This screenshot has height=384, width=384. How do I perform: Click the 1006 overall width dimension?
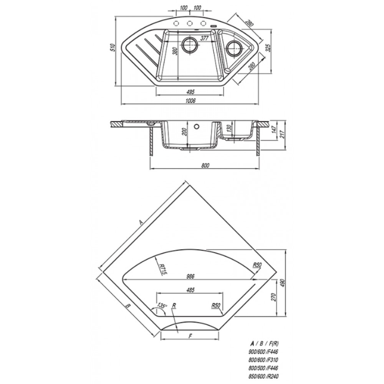[x=190, y=101]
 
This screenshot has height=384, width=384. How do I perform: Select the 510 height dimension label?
[x=113, y=47]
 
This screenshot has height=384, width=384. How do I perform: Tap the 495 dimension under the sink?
[x=190, y=92]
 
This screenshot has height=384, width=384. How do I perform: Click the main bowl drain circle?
[x=190, y=45]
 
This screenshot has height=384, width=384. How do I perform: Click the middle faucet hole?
[x=190, y=23]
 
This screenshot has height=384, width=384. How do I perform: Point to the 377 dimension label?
[x=204, y=38]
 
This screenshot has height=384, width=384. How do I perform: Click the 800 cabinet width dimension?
[x=205, y=166]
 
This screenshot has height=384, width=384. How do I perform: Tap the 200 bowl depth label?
[x=185, y=132]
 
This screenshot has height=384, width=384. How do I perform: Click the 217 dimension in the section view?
[x=283, y=134]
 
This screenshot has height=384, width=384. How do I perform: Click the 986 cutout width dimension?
[x=190, y=276]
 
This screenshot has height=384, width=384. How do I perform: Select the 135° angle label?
[x=162, y=306]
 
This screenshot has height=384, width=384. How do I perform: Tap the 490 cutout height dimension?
[x=283, y=283]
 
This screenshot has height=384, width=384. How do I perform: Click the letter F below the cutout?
[x=190, y=336]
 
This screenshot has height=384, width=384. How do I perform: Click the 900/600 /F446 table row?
[x=263, y=352]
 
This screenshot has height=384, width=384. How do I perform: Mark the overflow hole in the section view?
[x=196, y=126]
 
